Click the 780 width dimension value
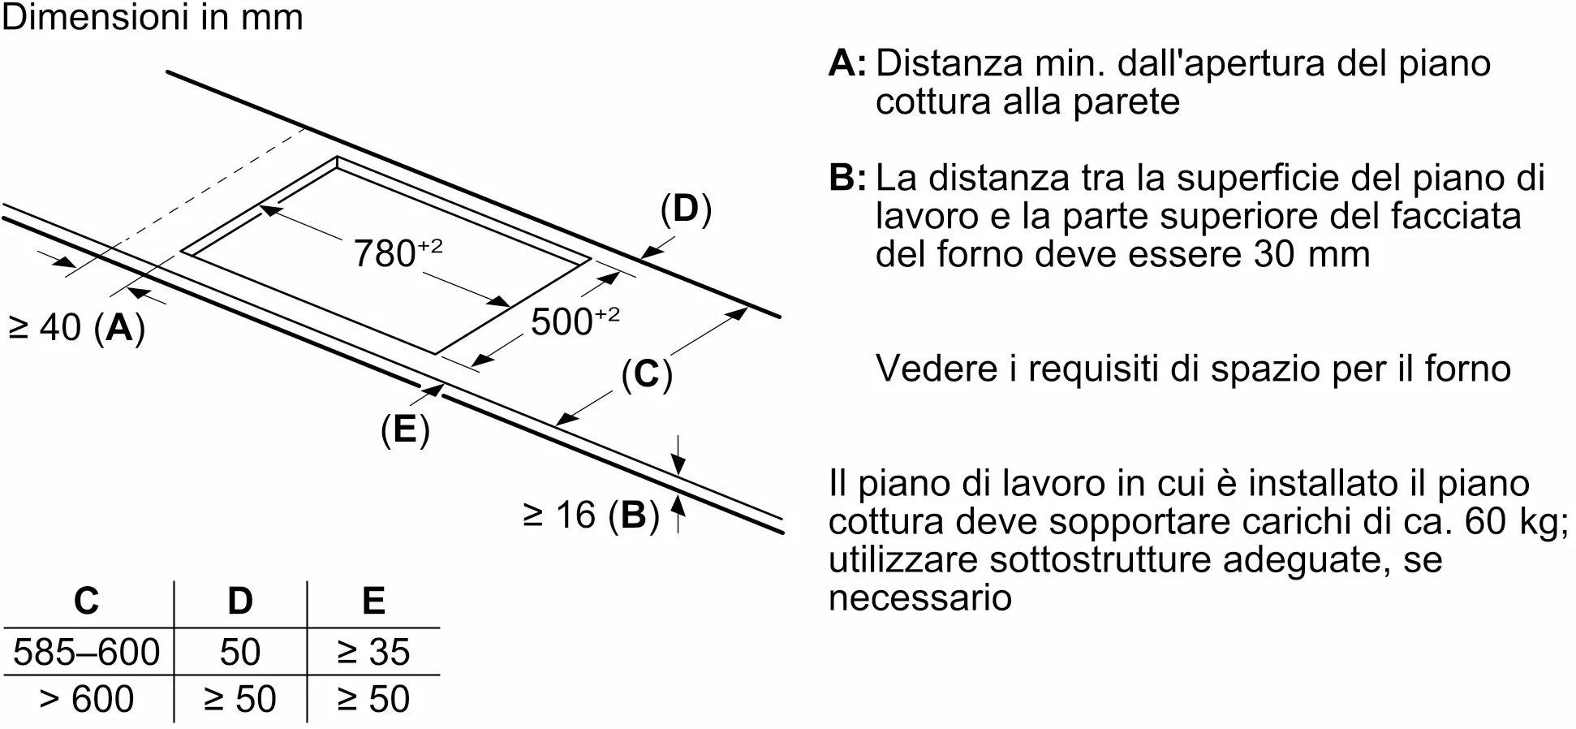pyautogui.click(x=398, y=252)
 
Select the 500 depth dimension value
pyautogui.click(x=574, y=321)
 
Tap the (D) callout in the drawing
pyautogui.click(x=686, y=209)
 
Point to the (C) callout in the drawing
pyautogui.click(x=647, y=374)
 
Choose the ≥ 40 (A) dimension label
pyautogui.click(x=76, y=328)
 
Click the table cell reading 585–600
pyautogui.click(x=87, y=652)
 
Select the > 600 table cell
pyautogui.click(x=87, y=699)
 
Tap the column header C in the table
pyautogui.click(x=87, y=602)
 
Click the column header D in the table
pyautogui.click(x=240, y=602)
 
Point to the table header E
pyautogui.click(x=373, y=602)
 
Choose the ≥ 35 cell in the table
pyautogui.click(x=373, y=652)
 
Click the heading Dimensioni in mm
pyautogui.click(x=153, y=18)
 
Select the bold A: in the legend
pyautogui.click(x=846, y=63)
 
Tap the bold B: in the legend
pyautogui.click(x=846, y=178)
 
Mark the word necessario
pyautogui.click(x=919, y=598)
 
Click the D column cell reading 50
pyautogui.click(x=240, y=652)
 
